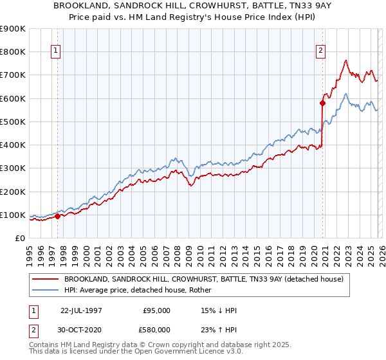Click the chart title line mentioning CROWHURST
pos(192,5)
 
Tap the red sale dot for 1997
pos(57,216)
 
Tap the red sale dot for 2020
pos(322,103)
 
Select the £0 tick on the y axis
pos(19,239)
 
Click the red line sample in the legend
pos(46,279)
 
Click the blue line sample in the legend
pos(46,290)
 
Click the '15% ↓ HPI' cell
pos(219,310)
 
